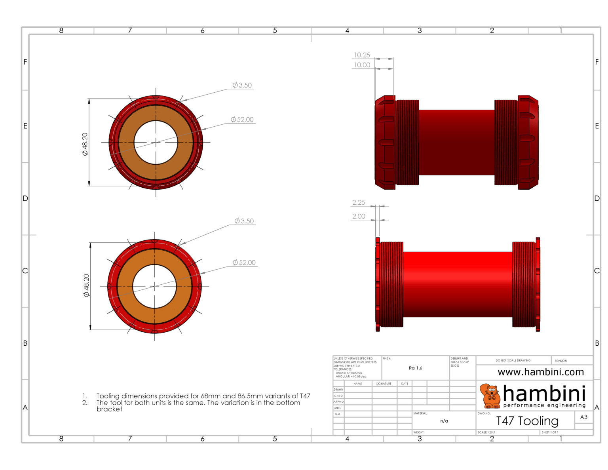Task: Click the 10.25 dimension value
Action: point(362,55)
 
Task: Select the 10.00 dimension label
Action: point(362,65)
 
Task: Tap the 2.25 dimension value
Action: point(359,202)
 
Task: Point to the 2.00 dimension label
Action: point(359,216)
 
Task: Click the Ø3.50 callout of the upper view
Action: point(242,85)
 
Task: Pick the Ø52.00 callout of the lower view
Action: point(244,263)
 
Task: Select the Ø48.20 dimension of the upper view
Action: point(85,144)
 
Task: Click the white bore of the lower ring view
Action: point(154,286)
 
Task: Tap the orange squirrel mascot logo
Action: point(490,396)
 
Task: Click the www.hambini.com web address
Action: point(541,372)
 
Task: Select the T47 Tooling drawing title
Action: point(527,421)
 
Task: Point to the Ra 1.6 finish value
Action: point(415,368)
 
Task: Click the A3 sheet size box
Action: point(584,417)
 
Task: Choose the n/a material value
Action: point(444,421)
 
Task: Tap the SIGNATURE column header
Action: point(384,384)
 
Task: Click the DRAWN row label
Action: point(338,390)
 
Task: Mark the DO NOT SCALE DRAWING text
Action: point(513,360)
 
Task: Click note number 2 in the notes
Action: point(85,403)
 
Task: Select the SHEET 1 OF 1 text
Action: point(550,432)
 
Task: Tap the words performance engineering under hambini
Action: point(544,405)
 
